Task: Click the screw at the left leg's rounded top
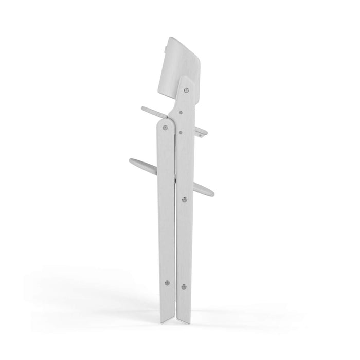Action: click(165, 127)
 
